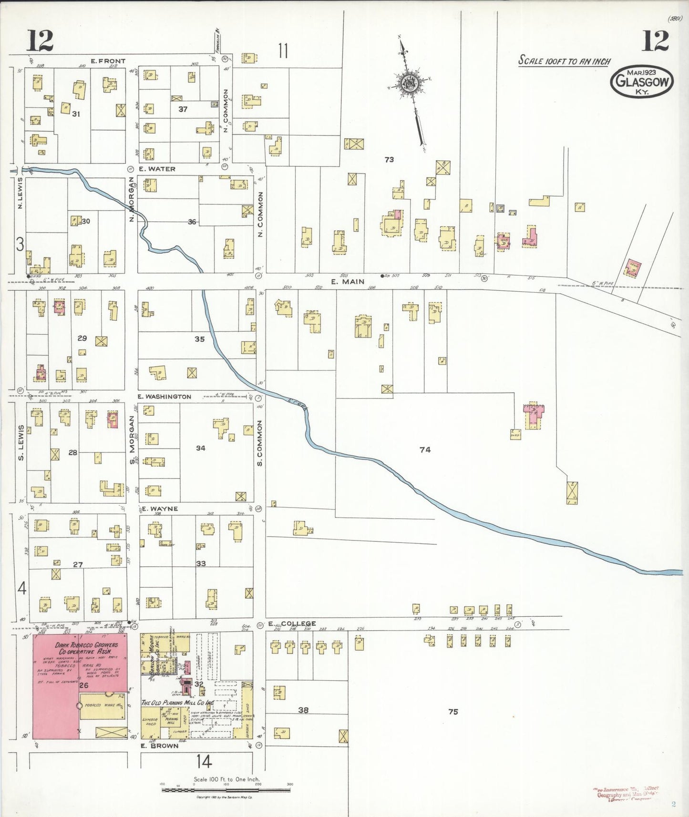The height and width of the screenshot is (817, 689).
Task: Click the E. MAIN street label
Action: pyautogui.click(x=347, y=282)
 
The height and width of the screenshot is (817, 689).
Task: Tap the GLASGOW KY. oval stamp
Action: pyautogui.click(x=642, y=82)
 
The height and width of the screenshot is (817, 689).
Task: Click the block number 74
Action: pyautogui.click(x=425, y=449)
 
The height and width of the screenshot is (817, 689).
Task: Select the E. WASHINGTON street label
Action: pyautogui.click(x=164, y=397)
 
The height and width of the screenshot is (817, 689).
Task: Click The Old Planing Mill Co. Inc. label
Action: pyautogui.click(x=177, y=703)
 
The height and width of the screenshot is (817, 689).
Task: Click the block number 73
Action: pyautogui.click(x=389, y=160)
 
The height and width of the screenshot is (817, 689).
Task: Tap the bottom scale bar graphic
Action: pyautogui.click(x=226, y=790)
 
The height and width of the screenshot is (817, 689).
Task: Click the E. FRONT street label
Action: pyautogui.click(x=108, y=61)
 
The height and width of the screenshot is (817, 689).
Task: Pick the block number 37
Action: pyautogui.click(x=183, y=109)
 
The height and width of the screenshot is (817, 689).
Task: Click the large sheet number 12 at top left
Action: pyautogui.click(x=40, y=41)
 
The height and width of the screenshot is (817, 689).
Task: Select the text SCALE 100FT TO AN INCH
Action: pyautogui.click(x=564, y=61)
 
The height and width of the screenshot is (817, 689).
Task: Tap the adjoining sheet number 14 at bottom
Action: pyautogui.click(x=204, y=762)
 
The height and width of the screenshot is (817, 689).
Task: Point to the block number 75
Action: pyautogui.click(x=453, y=712)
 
